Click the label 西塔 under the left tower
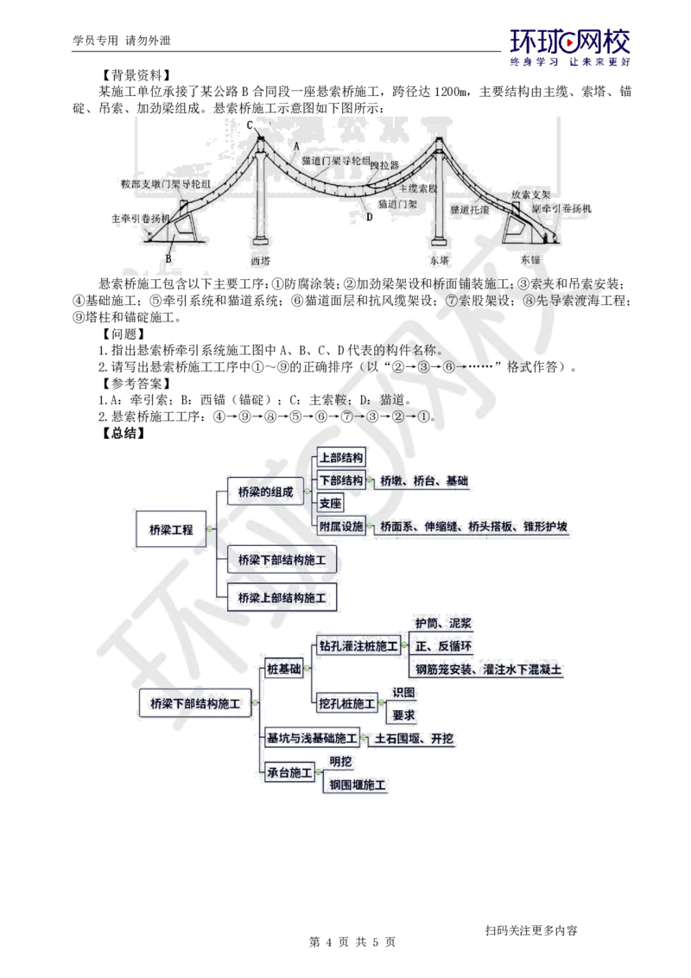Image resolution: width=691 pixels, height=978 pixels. tap(260, 259)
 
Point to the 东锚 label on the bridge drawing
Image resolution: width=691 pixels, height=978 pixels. tap(529, 259)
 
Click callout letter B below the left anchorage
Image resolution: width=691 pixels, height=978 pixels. tap(169, 257)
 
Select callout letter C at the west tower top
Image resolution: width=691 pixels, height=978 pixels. tap(249, 126)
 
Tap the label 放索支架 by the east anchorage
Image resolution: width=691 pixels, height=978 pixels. tap(530, 195)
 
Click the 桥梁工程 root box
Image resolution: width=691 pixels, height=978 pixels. tap(171, 530)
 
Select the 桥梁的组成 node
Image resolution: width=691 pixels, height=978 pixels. tap(265, 492)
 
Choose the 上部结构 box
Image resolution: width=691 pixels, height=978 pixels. tap(341, 458)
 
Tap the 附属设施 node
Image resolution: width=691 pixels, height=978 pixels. tap(341, 526)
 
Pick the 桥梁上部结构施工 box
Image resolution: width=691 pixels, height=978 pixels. tap(282, 597)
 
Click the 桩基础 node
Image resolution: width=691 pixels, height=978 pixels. tap(284, 669)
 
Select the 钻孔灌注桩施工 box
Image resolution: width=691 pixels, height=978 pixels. tap(358, 645)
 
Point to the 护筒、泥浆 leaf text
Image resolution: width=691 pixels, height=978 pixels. tap(442, 623)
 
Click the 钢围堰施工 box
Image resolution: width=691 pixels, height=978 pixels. tap(358, 784)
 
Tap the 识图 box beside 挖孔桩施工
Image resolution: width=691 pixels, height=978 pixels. tap(403, 692)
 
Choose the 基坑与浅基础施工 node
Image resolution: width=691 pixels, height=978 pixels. tap(312, 739)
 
